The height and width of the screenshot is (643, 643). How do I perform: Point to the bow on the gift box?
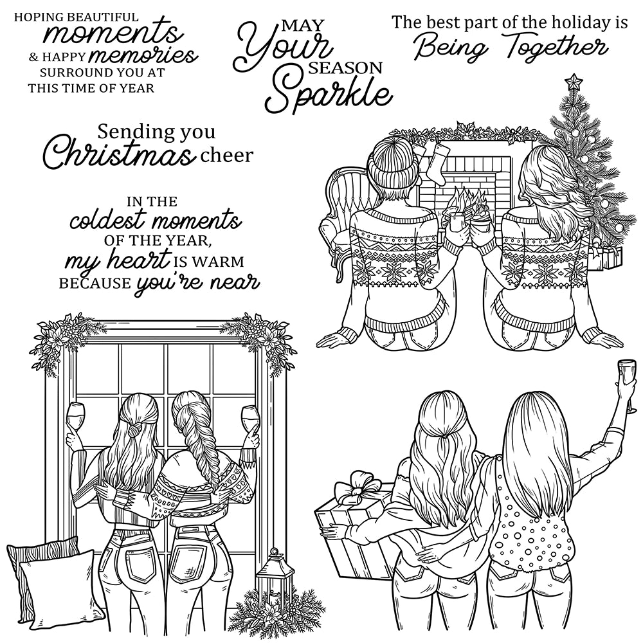point(354,491)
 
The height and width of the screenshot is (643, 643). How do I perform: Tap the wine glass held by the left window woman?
point(76,415)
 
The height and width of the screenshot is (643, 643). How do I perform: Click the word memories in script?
point(157,56)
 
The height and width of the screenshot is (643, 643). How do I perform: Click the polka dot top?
point(524,514)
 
